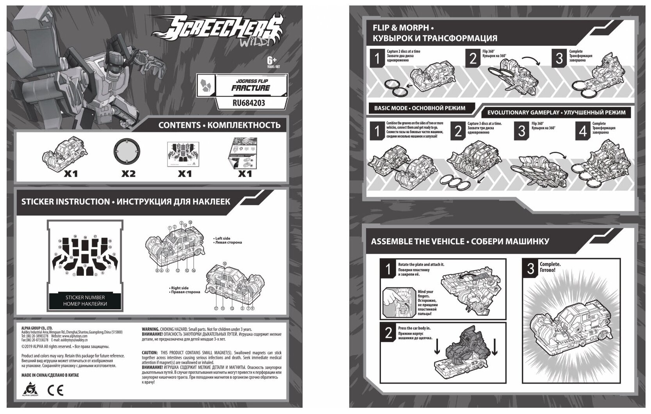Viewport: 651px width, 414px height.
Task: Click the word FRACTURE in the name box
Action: click(x=251, y=88)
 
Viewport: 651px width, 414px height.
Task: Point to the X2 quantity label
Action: click(x=128, y=173)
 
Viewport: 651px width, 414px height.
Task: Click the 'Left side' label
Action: click(x=223, y=238)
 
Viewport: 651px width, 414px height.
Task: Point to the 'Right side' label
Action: click(x=180, y=288)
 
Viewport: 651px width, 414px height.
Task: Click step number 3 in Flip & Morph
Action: click(x=559, y=58)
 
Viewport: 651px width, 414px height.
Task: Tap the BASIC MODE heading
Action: click(x=419, y=108)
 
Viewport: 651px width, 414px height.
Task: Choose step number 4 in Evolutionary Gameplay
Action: click(x=583, y=131)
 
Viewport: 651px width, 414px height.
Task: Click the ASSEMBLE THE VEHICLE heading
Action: click(x=460, y=241)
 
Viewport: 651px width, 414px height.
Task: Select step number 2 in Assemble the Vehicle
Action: click(x=389, y=333)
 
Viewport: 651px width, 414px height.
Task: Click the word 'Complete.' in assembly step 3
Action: click(x=550, y=264)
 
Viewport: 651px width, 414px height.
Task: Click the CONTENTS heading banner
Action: click(x=219, y=125)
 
